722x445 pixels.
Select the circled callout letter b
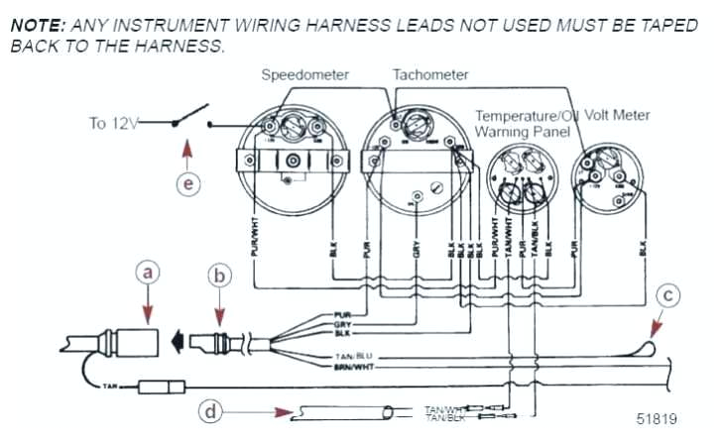pyautogui.click(x=221, y=276)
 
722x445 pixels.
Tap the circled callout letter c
pyautogui.click(x=670, y=294)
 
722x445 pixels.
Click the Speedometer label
pyautogui.click(x=302, y=75)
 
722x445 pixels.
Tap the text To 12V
pyautogui.click(x=112, y=123)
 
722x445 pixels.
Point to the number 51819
pyautogui.click(x=657, y=418)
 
